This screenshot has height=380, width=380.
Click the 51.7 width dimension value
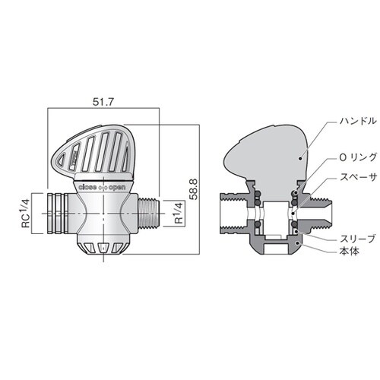[103, 102]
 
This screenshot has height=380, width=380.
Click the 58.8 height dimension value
[194, 189]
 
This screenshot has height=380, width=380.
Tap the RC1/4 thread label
[26, 213]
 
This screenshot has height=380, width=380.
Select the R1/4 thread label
[179, 213]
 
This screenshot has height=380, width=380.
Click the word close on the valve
[87, 188]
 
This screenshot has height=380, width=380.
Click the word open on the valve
[117, 188]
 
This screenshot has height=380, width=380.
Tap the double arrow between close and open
[103, 188]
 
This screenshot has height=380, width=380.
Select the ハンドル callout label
[358, 121]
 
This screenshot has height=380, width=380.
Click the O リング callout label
[358, 157]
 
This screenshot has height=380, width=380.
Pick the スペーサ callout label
[358, 177]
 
